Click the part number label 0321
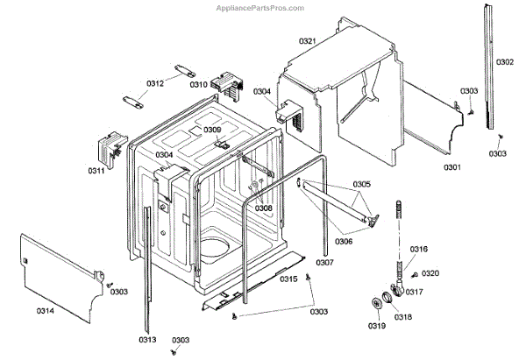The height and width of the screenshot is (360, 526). (x=307, y=41)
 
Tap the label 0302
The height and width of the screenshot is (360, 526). (x=506, y=62)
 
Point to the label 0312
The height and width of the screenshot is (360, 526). (x=155, y=84)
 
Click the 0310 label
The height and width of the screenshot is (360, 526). (x=198, y=85)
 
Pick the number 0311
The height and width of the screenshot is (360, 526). (x=96, y=170)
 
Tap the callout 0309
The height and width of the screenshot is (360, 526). (x=212, y=130)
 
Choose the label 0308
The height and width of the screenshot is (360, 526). (x=264, y=208)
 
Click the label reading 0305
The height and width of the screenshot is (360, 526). (x=362, y=184)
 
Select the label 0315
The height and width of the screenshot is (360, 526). (x=288, y=279)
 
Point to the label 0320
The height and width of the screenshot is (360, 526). (x=431, y=274)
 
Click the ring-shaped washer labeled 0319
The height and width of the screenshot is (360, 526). (x=377, y=304)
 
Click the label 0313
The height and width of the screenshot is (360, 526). (x=146, y=340)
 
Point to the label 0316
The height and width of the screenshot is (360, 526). (x=419, y=250)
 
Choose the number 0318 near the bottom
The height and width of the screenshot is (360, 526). (x=402, y=317)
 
